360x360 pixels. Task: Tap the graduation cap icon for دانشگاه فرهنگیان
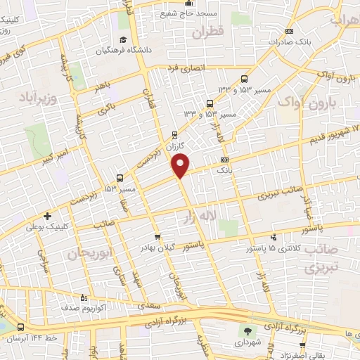pos(123,39)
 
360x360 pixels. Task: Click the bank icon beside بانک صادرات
pos(290,30)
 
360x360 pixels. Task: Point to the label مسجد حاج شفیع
pos(191,13)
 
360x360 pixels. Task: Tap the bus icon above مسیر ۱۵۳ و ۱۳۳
pos(244,79)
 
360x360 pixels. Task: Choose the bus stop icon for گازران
pos(175,134)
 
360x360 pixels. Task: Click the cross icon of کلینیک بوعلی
pos(48,216)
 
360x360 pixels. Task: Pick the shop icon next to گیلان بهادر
pos(157,237)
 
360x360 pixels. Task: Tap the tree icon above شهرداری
pos(247,331)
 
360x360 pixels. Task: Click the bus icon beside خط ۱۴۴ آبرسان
pos(20,328)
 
